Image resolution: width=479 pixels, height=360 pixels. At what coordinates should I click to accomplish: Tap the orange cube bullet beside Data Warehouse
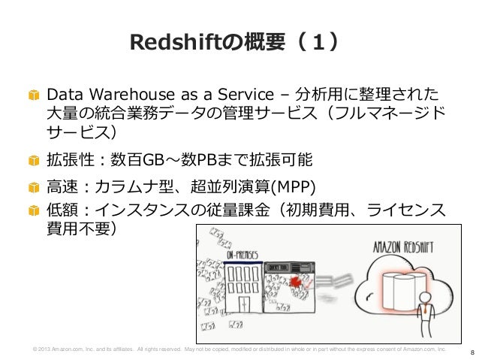click(33, 97)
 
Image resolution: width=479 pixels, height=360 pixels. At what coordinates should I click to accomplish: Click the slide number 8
click(471, 351)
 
